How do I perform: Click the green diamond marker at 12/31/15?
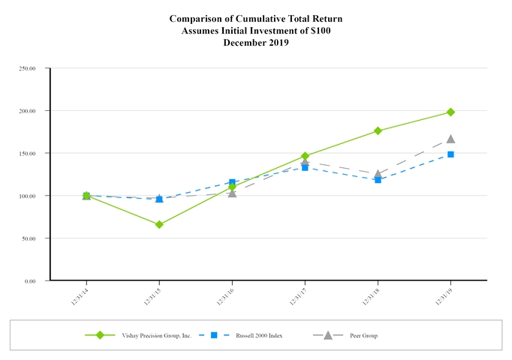coord(159,224)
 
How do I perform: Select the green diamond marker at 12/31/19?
coord(450,112)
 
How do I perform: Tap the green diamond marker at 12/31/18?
coord(378,130)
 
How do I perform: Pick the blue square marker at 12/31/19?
coord(450,154)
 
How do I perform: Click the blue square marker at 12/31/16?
coord(232,182)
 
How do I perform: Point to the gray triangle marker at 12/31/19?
coord(450,139)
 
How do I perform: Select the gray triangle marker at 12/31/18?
coord(378,174)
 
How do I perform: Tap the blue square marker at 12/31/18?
coord(378,180)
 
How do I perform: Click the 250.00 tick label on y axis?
coord(28,68)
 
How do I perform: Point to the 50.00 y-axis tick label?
coord(29,238)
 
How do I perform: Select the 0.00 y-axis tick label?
coord(31,281)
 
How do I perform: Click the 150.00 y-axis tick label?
coord(28,153)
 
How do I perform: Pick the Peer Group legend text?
coord(363,335)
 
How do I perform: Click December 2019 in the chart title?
coord(255,43)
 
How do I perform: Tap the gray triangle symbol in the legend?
coord(327,334)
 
